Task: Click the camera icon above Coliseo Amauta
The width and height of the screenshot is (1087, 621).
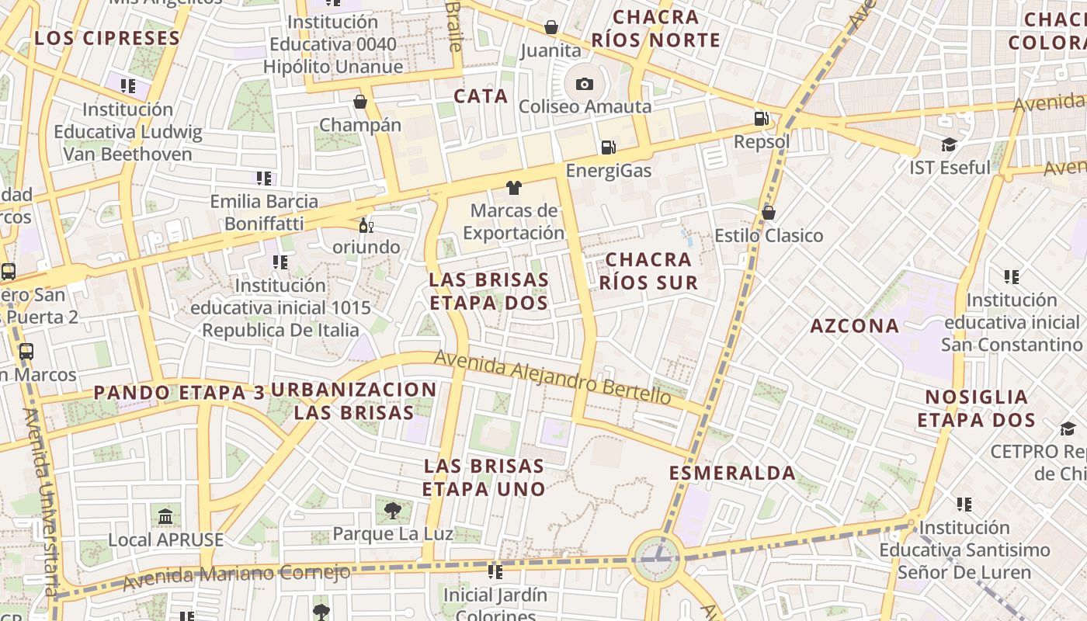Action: [x=584, y=84]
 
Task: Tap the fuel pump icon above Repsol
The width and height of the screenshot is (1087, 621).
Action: [x=762, y=119]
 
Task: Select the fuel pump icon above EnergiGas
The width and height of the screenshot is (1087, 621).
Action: [x=609, y=147]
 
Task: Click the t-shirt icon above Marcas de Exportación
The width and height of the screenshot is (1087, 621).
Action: [x=513, y=187]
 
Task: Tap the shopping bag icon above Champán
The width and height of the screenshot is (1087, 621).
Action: [x=360, y=102]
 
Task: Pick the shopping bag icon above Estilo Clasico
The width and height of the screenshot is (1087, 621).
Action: [x=769, y=213]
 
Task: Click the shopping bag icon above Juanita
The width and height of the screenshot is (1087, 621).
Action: [x=551, y=28]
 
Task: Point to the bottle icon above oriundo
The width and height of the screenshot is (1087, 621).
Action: [x=365, y=226]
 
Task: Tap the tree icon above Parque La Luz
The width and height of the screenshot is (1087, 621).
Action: [x=393, y=510]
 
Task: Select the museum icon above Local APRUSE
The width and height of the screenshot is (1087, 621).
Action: [x=165, y=516]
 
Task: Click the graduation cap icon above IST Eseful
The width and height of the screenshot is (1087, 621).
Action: [x=949, y=145]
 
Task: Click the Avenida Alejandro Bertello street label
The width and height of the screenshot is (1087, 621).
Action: [x=552, y=377]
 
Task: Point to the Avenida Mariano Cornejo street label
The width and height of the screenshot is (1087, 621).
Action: [x=236, y=576]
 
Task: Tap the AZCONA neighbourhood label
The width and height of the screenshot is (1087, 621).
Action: [x=855, y=326]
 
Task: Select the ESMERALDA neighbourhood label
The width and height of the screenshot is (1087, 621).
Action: [x=732, y=473]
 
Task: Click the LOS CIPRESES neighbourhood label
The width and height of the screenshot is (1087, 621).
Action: [x=107, y=37]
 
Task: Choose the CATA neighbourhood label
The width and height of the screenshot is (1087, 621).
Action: [x=481, y=96]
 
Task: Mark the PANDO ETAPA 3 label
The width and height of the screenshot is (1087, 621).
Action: [x=179, y=393]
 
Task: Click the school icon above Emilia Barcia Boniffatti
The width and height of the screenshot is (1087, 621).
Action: [x=264, y=179]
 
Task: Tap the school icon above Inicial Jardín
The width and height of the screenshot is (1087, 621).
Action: [x=495, y=573]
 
